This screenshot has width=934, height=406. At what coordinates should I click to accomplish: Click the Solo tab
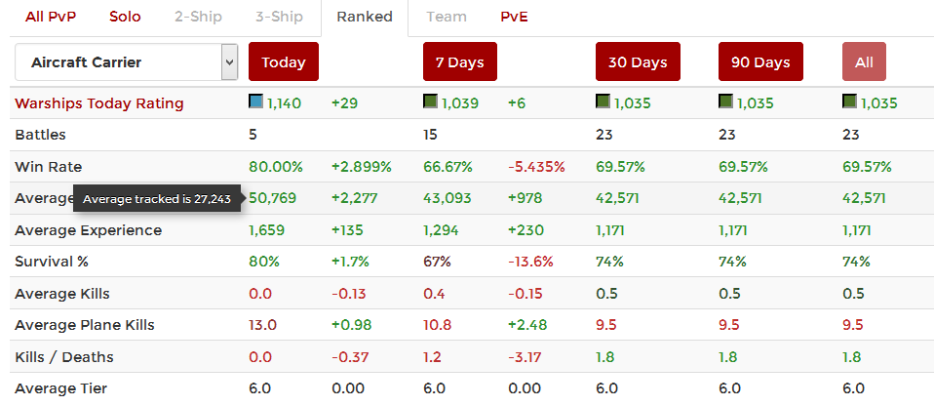125,17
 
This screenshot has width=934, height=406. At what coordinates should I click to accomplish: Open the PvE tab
514,17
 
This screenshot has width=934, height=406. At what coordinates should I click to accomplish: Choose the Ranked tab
364,17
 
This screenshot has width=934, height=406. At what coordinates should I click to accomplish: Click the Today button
284,62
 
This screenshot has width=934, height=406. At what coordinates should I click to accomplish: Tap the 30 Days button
638,62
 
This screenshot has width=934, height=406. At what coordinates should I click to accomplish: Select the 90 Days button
759,62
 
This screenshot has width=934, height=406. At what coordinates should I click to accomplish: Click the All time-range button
864,62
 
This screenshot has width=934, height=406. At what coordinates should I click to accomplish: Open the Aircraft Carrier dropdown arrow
230,62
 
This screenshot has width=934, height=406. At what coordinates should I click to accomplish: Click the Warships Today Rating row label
99,103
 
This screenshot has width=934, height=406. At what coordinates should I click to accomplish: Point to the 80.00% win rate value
276,167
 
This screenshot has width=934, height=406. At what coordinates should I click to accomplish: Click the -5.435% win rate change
536,167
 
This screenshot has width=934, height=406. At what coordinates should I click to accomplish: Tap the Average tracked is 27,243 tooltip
157,199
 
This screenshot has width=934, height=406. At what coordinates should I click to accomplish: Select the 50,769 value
273,199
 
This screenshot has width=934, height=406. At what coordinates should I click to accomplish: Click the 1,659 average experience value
268,231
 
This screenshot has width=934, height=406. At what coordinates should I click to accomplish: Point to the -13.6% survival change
530,263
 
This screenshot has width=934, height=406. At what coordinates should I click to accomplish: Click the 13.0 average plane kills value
262,326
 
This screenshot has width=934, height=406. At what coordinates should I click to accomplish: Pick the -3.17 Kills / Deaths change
526,357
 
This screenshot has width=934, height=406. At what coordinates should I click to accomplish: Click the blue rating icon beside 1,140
255,101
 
